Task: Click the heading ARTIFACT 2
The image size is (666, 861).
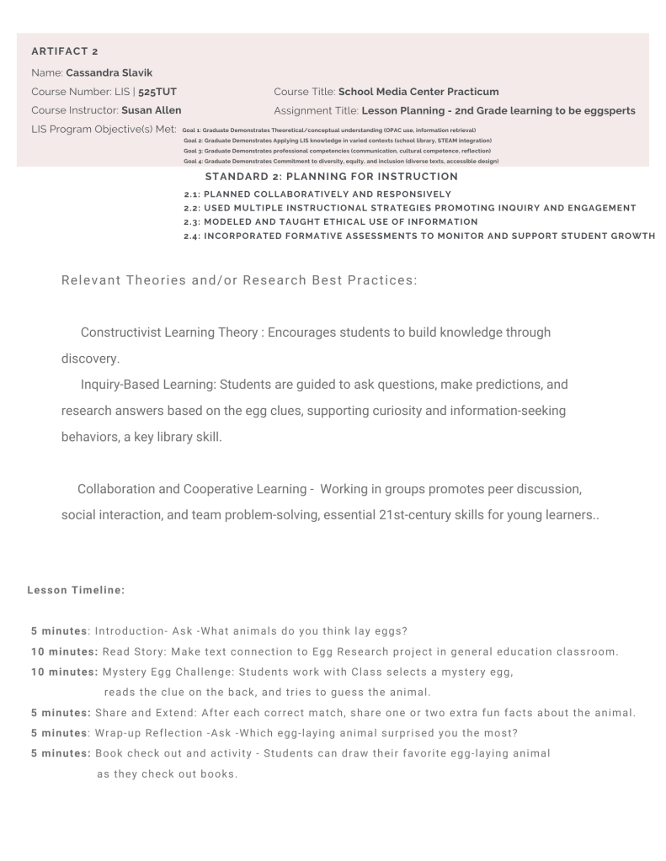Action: pos(64,52)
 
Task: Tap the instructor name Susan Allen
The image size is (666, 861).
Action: pos(151,110)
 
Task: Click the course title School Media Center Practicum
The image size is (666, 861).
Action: pos(418,91)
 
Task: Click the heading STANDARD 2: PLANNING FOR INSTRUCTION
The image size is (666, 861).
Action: pos(331,177)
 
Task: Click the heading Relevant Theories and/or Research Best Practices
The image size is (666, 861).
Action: pos(239,280)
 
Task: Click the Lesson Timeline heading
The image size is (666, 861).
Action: pos(76,591)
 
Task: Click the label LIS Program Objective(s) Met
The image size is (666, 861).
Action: pos(104,130)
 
